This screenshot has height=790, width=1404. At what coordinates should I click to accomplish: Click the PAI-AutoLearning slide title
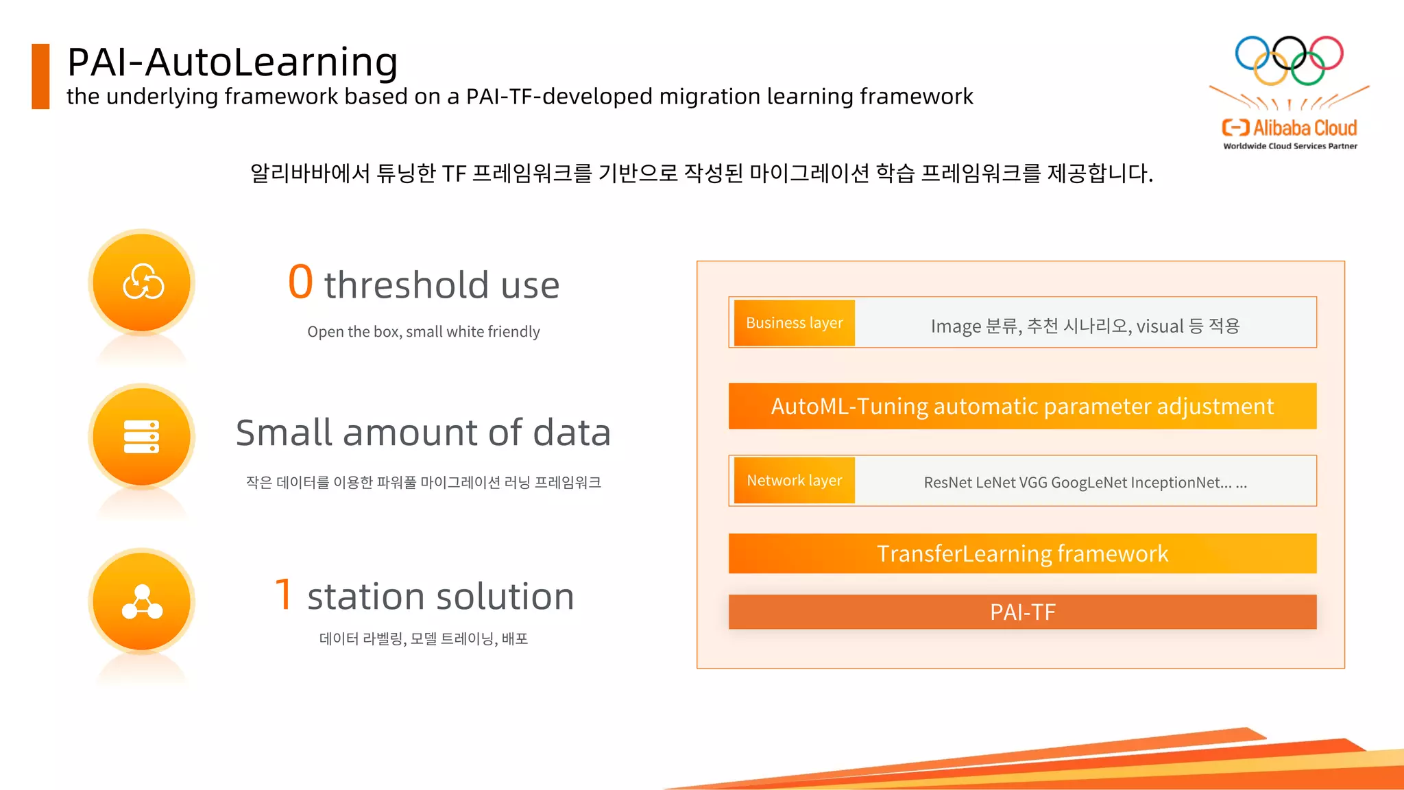click(232, 62)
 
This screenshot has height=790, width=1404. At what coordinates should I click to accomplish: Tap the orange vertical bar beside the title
click(40, 76)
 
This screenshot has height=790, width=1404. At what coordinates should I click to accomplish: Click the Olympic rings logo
click(1289, 60)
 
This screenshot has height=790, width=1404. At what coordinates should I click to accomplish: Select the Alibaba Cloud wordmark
click(1304, 128)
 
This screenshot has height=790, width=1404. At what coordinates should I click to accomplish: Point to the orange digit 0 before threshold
click(300, 282)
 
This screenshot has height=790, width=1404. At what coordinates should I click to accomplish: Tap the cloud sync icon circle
click(142, 283)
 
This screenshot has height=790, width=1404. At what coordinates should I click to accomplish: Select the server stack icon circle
click(142, 437)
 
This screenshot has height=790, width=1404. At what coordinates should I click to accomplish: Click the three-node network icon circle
click(142, 601)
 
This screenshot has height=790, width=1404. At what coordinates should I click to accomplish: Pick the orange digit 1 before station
click(284, 594)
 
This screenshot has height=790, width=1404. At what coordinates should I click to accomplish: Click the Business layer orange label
click(794, 323)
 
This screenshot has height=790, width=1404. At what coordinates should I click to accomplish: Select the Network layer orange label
click(794, 481)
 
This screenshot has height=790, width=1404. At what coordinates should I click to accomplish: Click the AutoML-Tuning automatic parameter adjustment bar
click(1022, 406)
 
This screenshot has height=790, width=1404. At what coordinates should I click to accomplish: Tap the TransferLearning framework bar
click(1022, 553)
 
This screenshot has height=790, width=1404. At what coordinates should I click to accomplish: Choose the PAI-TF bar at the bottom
click(1022, 612)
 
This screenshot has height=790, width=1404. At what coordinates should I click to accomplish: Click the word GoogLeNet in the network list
click(1089, 483)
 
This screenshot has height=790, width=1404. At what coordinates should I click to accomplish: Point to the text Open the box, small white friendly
click(423, 332)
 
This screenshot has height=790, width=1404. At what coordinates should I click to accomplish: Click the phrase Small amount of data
click(423, 433)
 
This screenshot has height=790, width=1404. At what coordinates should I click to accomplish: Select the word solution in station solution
click(511, 597)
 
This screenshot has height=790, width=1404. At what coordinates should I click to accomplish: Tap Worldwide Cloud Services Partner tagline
click(1290, 146)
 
